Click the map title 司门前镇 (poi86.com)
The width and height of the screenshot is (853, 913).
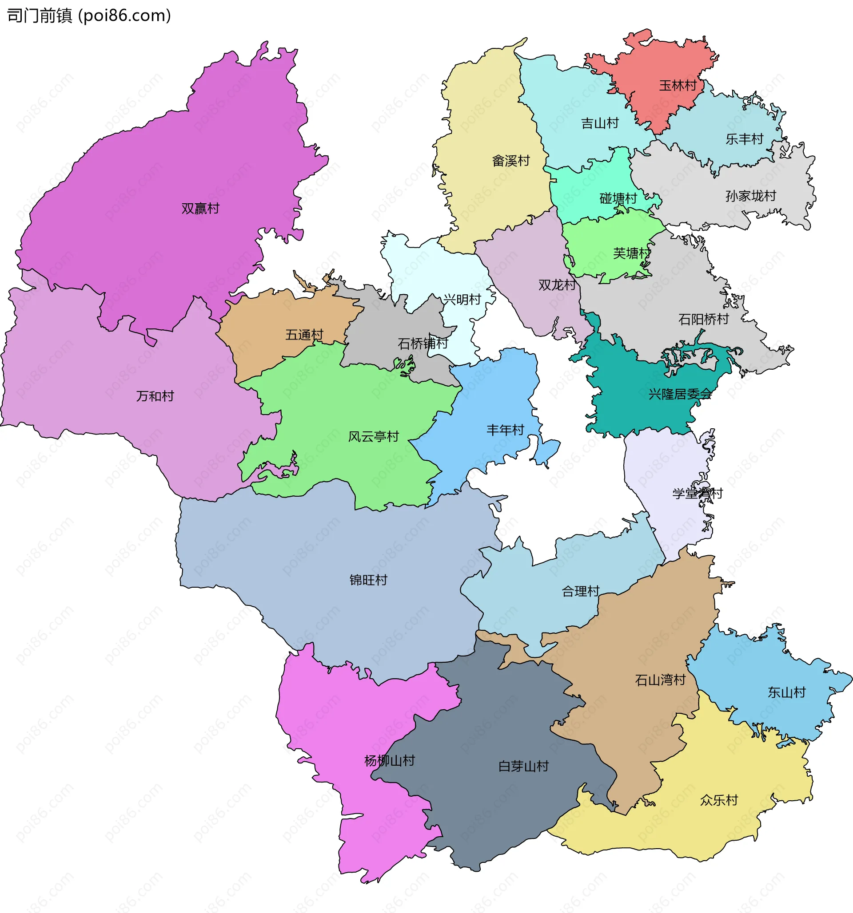click(x=89, y=16)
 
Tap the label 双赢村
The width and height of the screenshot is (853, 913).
click(x=200, y=209)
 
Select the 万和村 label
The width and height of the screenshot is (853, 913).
click(x=155, y=396)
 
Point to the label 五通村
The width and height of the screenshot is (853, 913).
click(x=304, y=334)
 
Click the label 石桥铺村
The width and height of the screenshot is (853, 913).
click(x=423, y=343)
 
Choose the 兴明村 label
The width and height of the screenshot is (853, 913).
click(x=462, y=300)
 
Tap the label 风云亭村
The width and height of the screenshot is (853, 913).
click(x=373, y=436)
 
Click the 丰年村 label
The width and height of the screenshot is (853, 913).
click(x=505, y=430)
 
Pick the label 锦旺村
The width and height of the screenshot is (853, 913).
click(x=368, y=580)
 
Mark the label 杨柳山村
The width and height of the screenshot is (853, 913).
click(x=389, y=760)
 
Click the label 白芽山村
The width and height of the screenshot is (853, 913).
click(x=523, y=766)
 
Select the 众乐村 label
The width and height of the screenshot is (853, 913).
click(x=719, y=800)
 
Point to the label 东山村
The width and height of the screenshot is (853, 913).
click(x=786, y=692)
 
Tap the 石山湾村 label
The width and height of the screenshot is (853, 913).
click(x=660, y=680)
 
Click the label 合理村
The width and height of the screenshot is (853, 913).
click(x=581, y=591)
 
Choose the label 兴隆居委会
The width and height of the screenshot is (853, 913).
click(x=680, y=394)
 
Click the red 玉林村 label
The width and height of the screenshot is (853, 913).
click(x=678, y=85)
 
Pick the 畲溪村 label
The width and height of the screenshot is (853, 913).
click(x=510, y=161)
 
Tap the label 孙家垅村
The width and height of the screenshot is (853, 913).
click(x=750, y=196)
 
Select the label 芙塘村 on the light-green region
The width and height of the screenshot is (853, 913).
click(x=631, y=253)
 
